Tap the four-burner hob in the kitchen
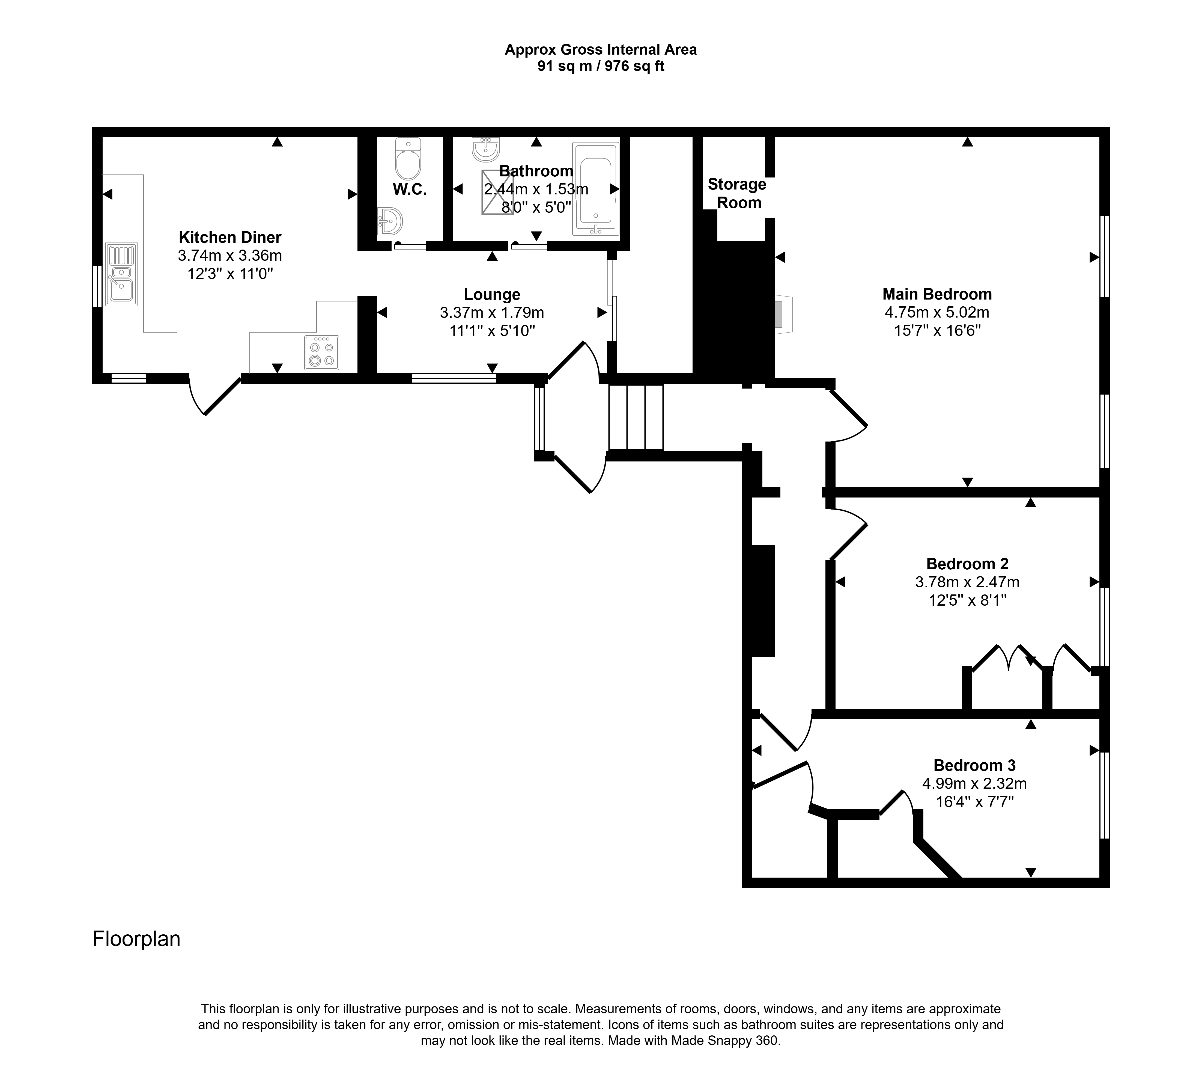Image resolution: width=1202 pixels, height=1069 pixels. tap(322, 353)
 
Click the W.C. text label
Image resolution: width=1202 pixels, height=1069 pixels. tap(410, 189)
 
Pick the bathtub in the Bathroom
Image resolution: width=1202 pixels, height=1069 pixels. tap(596, 188)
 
